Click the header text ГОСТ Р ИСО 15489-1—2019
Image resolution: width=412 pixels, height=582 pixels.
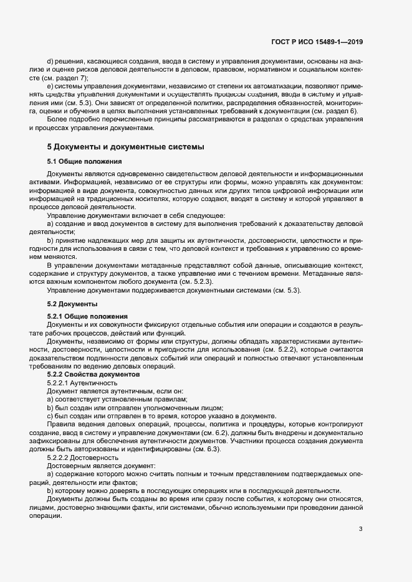pyautogui.click(x=317, y=42)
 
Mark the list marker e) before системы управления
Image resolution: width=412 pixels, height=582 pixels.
pyautogui.click(x=50, y=85)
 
